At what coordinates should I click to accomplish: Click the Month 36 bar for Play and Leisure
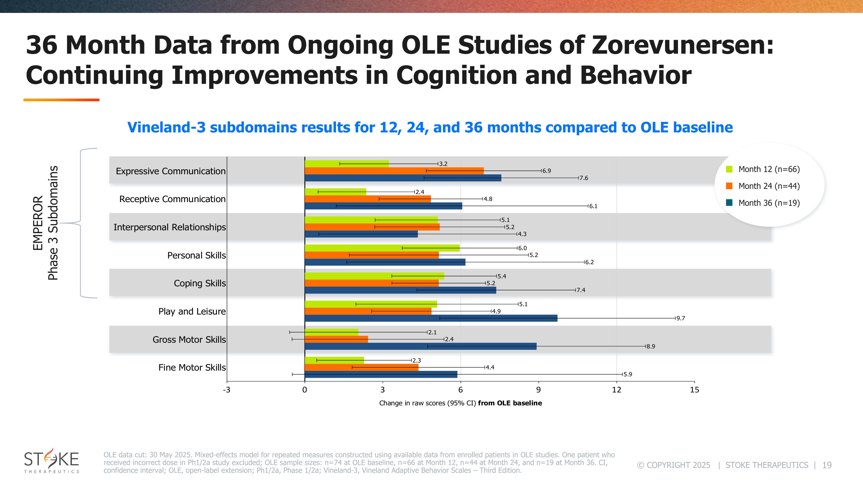(431, 318)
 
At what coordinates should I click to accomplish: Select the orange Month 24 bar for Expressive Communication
(394, 171)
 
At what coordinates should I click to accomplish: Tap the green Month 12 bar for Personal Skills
(382, 248)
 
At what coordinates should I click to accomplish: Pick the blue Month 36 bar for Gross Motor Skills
(421, 346)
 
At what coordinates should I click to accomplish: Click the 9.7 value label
(680, 318)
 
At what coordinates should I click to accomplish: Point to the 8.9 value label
(651, 346)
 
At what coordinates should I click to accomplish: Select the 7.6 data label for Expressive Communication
(584, 178)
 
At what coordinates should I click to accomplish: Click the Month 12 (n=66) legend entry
(769, 169)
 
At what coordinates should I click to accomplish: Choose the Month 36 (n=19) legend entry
(769, 203)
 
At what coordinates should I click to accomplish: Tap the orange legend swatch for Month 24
(729, 186)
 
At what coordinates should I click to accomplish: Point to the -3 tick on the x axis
(227, 390)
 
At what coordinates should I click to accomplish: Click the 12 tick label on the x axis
(616, 390)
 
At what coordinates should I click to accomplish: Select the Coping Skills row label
(200, 283)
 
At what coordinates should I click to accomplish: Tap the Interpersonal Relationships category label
(169, 227)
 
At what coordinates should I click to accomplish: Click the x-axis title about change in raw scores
(460, 403)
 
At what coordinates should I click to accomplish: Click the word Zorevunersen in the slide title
(682, 45)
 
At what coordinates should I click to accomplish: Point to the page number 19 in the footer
(827, 465)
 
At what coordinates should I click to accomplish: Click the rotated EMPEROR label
(38, 223)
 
